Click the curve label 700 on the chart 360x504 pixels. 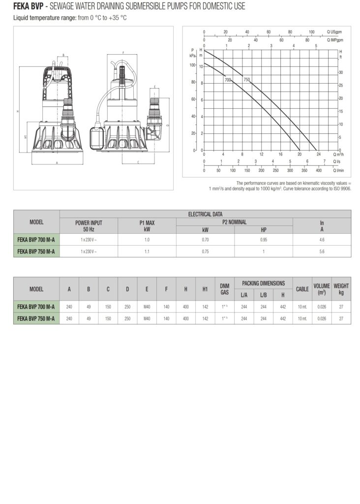228,80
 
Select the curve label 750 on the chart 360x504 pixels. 246,80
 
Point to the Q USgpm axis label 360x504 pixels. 334,31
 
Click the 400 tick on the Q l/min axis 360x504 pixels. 319,171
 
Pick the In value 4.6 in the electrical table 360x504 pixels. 322,239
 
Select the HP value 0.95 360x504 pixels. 264,239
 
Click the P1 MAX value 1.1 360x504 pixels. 147,251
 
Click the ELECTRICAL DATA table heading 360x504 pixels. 205,214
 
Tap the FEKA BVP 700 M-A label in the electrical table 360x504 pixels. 36,239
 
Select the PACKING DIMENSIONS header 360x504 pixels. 263,283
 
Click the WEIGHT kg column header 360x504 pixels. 341,289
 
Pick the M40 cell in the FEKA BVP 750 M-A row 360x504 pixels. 147,318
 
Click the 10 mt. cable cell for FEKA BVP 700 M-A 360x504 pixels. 302,307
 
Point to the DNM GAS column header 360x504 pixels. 225,289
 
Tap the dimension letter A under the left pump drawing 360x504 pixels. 57,162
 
